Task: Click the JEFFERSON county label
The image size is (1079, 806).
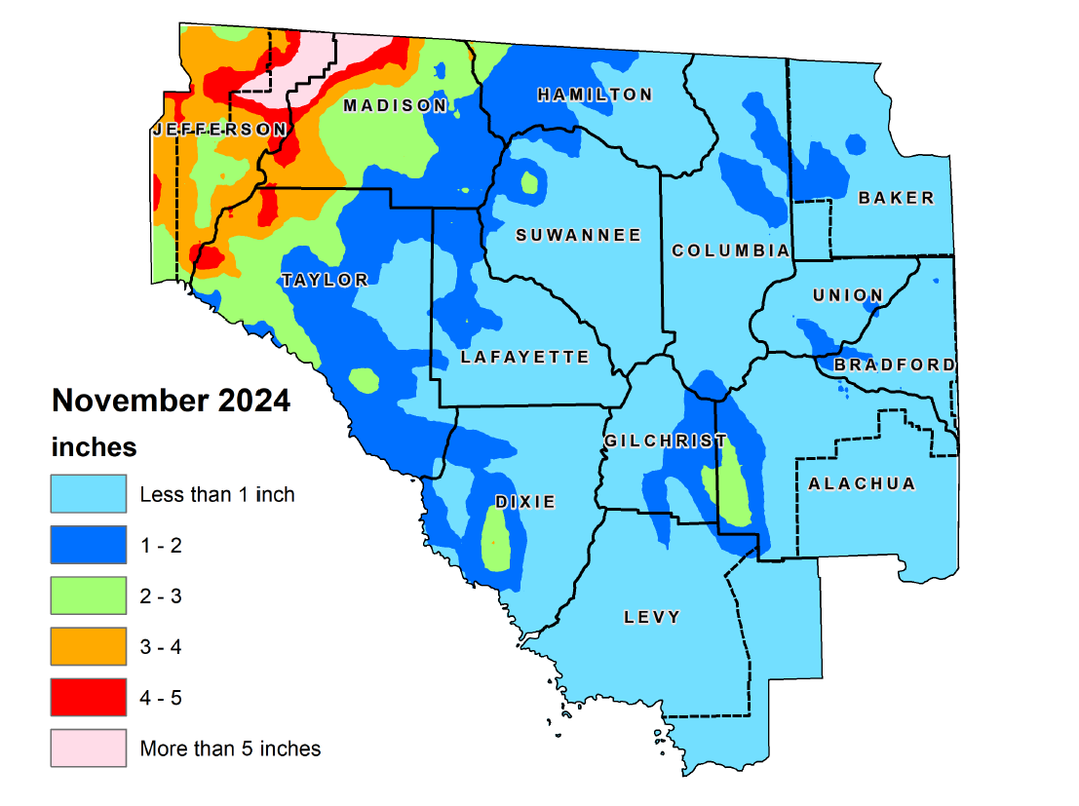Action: [x=219, y=130]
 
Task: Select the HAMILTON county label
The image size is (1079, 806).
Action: [x=595, y=95]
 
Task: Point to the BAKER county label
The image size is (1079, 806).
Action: [x=896, y=198]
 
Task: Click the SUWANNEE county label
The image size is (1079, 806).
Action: [x=578, y=235]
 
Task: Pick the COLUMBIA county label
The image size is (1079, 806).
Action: [x=731, y=250]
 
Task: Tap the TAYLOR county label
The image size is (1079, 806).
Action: [x=325, y=281]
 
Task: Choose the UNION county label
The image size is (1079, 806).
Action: [x=847, y=295]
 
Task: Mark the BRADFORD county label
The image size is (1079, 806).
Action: [x=895, y=365]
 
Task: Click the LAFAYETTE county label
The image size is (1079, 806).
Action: [x=525, y=357]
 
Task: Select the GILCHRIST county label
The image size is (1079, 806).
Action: [x=666, y=441]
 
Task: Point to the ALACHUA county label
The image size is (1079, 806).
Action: [x=862, y=483]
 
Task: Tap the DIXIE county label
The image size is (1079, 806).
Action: [x=524, y=502]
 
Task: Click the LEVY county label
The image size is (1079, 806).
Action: [x=652, y=617]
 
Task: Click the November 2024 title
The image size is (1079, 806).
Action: [x=171, y=401]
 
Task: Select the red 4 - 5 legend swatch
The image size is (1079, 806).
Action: [x=89, y=697]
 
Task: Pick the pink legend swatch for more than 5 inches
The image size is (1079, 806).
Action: [x=89, y=748]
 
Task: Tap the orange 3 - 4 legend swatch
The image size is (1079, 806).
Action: [x=89, y=646]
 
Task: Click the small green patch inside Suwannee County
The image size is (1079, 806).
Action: [x=530, y=182]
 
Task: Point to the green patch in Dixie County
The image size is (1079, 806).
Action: [x=498, y=541]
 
